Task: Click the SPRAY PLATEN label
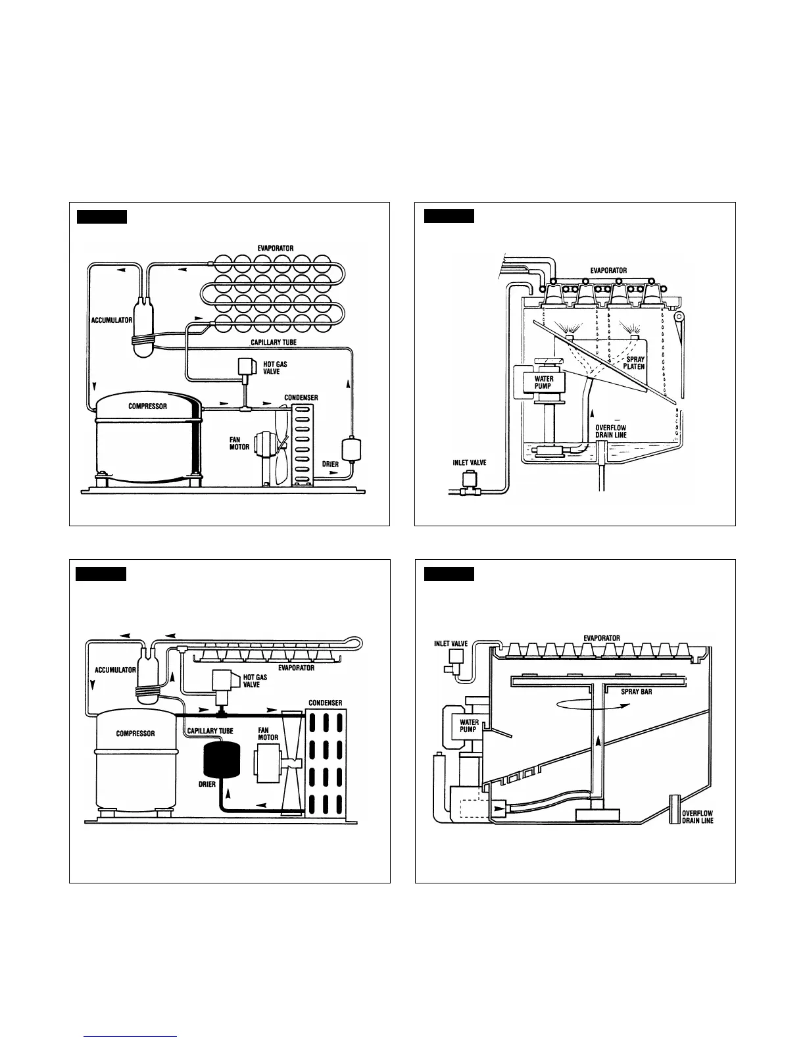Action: (x=635, y=363)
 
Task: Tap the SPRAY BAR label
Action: (x=637, y=692)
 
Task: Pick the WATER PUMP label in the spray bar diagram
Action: (x=469, y=726)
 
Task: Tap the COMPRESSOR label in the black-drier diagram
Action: (x=135, y=733)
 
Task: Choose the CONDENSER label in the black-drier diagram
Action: (x=326, y=703)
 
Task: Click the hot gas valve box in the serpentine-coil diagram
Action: (x=247, y=366)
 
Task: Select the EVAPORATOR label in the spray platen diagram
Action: (x=608, y=270)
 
